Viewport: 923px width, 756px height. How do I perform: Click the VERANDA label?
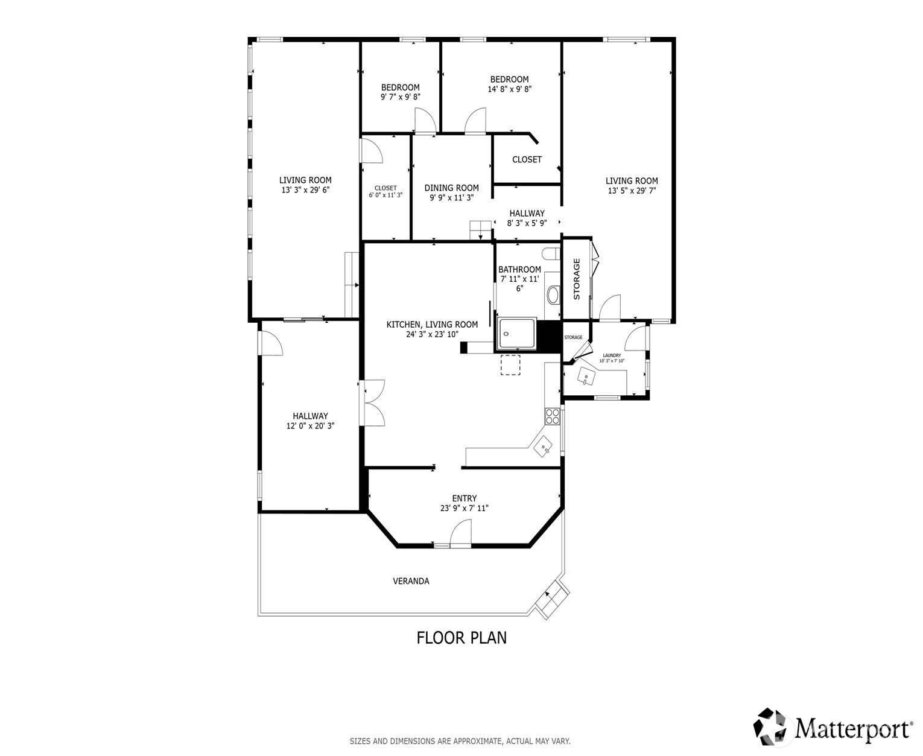click(x=411, y=581)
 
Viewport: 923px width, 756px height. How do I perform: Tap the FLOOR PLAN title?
click(x=461, y=638)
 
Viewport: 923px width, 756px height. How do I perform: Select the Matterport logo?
click(x=833, y=727)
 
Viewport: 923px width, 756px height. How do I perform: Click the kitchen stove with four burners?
click(x=552, y=416)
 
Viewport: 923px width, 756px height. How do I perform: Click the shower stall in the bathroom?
click(x=516, y=334)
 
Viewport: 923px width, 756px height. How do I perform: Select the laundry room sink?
click(x=586, y=377)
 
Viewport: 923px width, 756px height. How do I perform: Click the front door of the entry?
click(x=460, y=535)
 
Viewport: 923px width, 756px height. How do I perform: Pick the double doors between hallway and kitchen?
click(x=374, y=403)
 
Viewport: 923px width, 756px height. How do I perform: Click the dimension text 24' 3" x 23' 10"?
click(x=432, y=334)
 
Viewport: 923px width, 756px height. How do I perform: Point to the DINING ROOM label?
click(x=451, y=188)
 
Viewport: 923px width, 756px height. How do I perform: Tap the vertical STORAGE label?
click(x=577, y=279)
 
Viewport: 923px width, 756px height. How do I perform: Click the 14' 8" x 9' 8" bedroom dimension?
click(x=509, y=89)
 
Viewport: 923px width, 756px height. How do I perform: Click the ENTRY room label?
click(x=464, y=498)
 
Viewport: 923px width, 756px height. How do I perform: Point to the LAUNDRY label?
click(x=612, y=355)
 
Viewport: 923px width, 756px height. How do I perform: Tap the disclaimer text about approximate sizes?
click(x=460, y=741)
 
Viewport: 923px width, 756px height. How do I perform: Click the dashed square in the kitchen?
click(x=510, y=365)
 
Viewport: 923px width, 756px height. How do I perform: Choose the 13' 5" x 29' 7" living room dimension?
click(x=632, y=191)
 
